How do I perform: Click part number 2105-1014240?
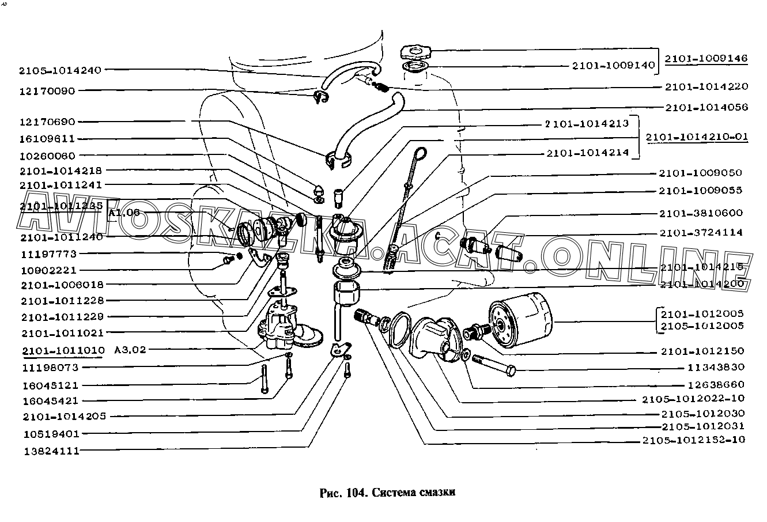pos(60,70)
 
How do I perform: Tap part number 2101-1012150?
pos(702,351)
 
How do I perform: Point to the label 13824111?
pos(51,451)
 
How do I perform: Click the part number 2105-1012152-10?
pos(693,440)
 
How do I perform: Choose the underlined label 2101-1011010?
pos(63,350)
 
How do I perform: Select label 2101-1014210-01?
pos(696,137)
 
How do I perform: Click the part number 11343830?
pos(716,367)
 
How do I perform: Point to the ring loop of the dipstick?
pos(421,154)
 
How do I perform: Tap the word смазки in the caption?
pos(437,493)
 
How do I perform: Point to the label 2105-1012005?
pos(702,326)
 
